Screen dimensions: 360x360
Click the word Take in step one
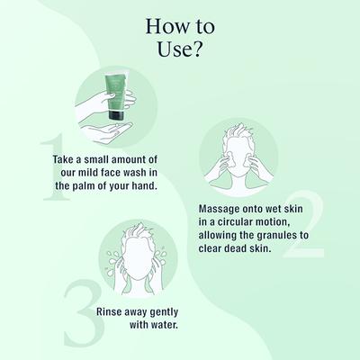point(67,158)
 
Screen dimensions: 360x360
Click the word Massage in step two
point(220,207)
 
